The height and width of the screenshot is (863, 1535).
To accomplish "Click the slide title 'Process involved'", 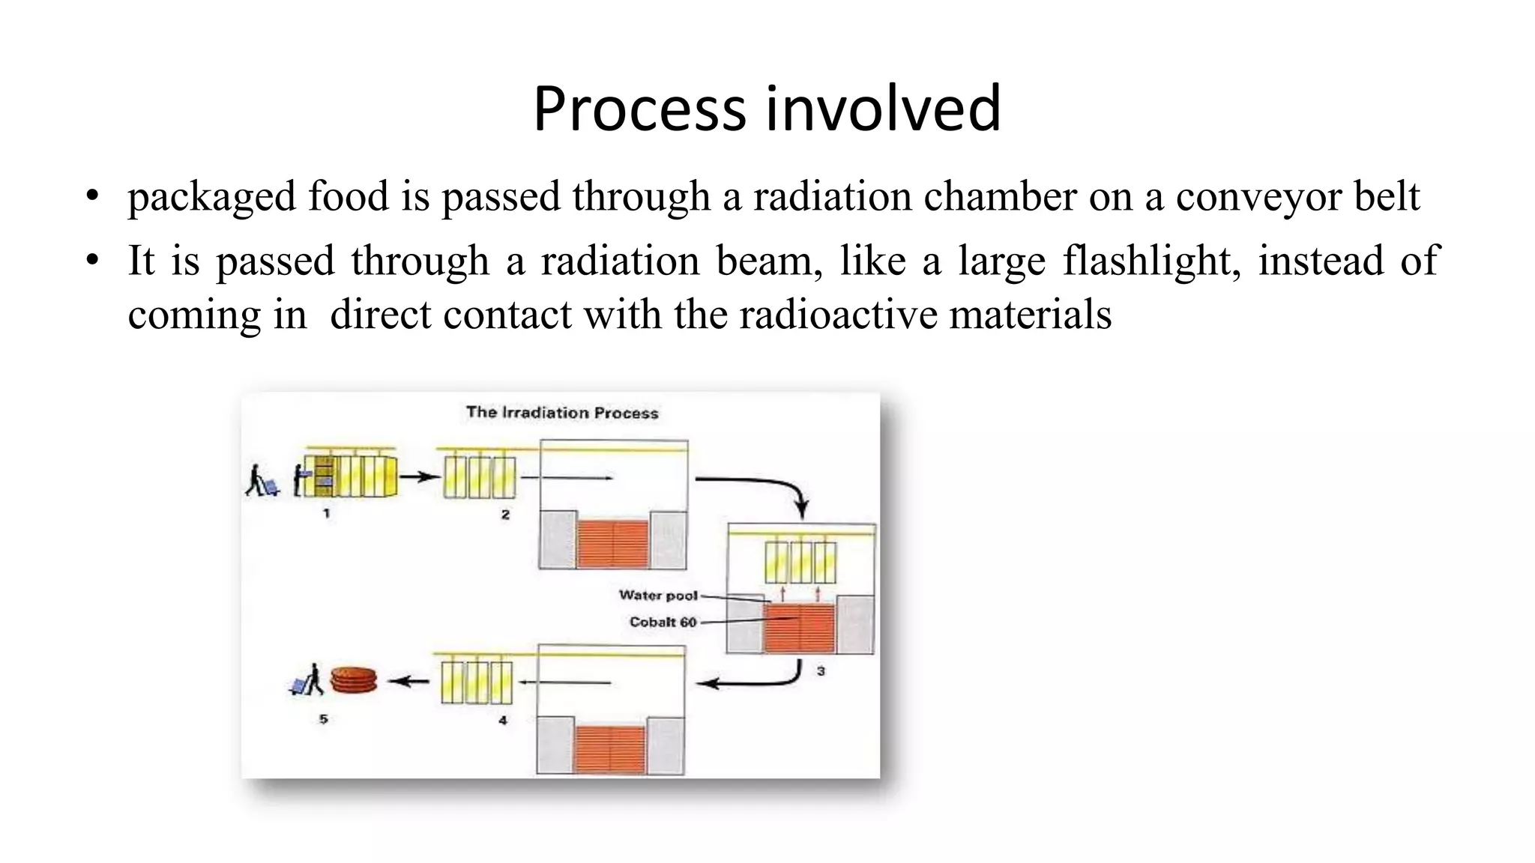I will [x=766, y=109].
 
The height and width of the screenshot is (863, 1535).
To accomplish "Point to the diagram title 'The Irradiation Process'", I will [x=562, y=413].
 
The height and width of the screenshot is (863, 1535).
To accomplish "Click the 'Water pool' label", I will [x=658, y=596].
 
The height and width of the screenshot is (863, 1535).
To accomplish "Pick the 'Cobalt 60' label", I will [x=663, y=623].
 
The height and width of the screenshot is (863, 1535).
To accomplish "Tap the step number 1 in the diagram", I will [x=326, y=514].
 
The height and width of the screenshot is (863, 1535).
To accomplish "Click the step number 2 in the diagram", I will [x=505, y=515].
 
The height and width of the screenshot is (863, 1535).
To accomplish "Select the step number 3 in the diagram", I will [x=821, y=671].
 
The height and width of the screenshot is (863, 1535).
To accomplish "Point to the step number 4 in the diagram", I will [x=503, y=721].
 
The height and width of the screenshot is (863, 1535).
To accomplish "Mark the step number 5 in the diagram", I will [x=323, y=719].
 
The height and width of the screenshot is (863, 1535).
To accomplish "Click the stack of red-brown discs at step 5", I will [x=354, y=680].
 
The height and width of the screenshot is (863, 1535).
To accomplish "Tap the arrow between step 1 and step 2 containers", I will [x=418, y=476].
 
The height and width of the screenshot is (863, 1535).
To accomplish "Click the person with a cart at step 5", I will [x=308, y=681].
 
